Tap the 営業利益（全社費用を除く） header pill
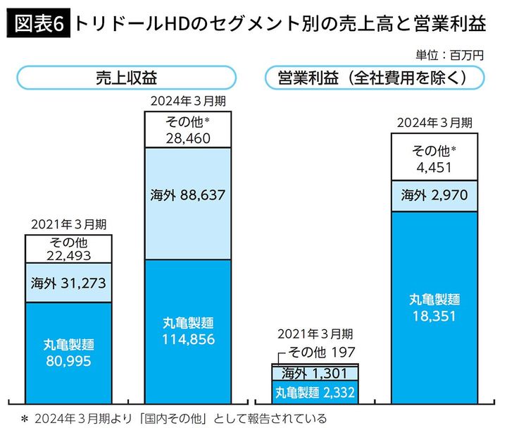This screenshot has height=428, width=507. (373, 78)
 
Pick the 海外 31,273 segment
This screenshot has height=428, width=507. (68, 283)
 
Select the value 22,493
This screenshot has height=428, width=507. (68, 255)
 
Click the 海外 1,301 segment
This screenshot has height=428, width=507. (315, 372)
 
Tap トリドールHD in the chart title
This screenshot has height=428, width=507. (129, 23)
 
